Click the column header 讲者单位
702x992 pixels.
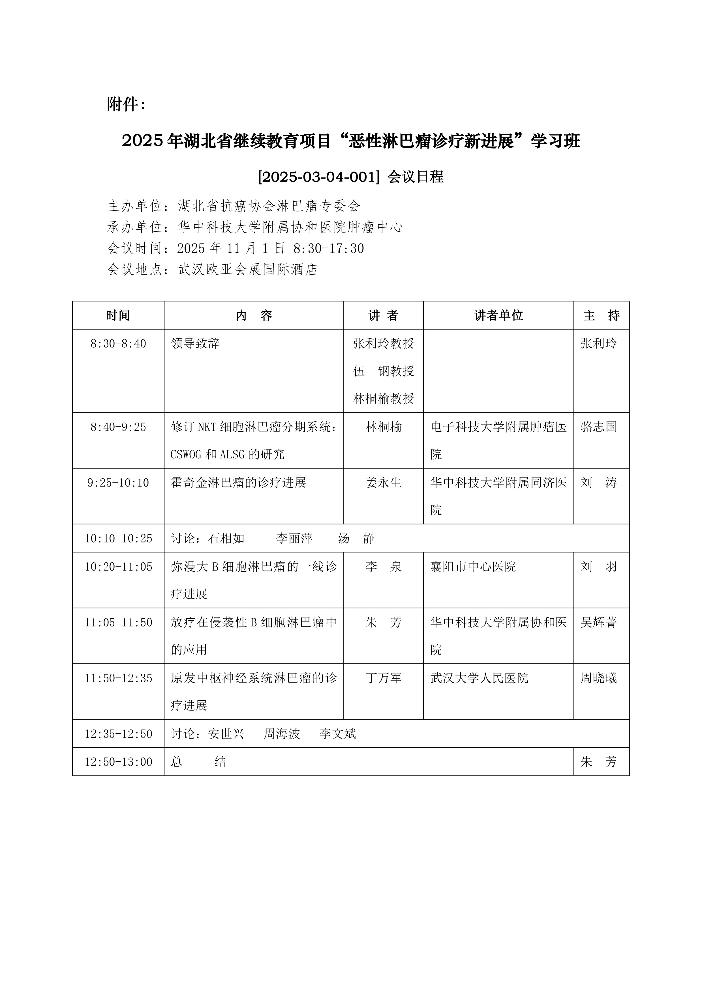pyautogui.click(x=498, y=315)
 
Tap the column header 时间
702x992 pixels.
pyautogui.click(x=118, y=315)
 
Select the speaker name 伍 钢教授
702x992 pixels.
pyautogui.click(x=384, y=371)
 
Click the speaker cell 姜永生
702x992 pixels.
pyautogui.click(x=384, y=483)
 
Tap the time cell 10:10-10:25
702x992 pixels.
pyautogui.click(x=118, y=538)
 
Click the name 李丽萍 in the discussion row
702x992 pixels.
pyautogui.click(x=294, y=538)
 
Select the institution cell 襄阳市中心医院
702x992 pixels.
pyautogui.click(x=473, y=566)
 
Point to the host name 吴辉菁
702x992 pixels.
pyautogui.click(x=598, y=623)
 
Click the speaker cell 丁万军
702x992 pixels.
pyautogui.click(x=384, y=678)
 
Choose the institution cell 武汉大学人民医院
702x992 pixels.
pyautogui.click(x=479, y=678)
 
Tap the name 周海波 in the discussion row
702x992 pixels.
pyautogui.click(x=282, y=734)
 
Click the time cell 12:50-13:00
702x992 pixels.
pyautogui.click(x=118, y=762)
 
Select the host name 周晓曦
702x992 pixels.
pyautogui.click(x=598, y=678)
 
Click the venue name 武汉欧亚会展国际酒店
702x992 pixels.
pyautogui.click(x=248, y=270)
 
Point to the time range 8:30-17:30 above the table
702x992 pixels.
pyautogui.click(x=329, y=248)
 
